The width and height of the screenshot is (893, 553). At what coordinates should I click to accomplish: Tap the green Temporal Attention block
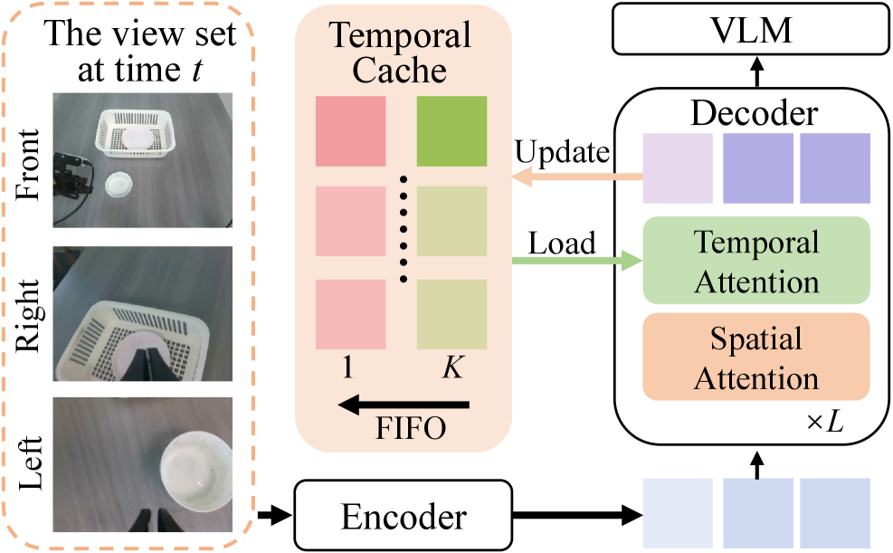click(756, 261)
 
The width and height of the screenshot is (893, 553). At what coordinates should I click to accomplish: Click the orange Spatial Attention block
click(756, 357)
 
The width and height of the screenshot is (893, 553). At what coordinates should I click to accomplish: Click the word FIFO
click(411, 429)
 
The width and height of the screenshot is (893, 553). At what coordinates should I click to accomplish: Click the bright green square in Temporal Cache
click(451, 130)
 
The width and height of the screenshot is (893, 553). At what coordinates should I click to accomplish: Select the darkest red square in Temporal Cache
click(351, 130)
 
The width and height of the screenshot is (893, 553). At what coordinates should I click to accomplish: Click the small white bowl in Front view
click(119, 185)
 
